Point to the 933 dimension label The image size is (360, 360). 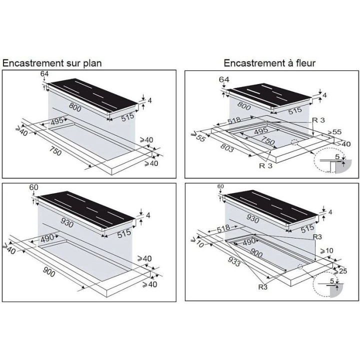coord(234,261)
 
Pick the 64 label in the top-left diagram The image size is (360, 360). coord(44,74)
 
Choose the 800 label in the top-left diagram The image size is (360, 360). coord(75,107)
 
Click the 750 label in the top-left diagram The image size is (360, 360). coord(55,151)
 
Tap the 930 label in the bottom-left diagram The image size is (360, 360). coord(67,222)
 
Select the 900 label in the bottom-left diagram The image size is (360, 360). coord(49,272)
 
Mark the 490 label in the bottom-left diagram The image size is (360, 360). coord(47,238)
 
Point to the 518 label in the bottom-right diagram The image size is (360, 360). coord(223,228)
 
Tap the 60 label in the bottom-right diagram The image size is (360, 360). coord(220,186)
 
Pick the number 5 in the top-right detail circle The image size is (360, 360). coord(337,157)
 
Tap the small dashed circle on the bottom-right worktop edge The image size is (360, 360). coord(300,266)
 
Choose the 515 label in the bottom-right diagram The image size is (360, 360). coord(307,228)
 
